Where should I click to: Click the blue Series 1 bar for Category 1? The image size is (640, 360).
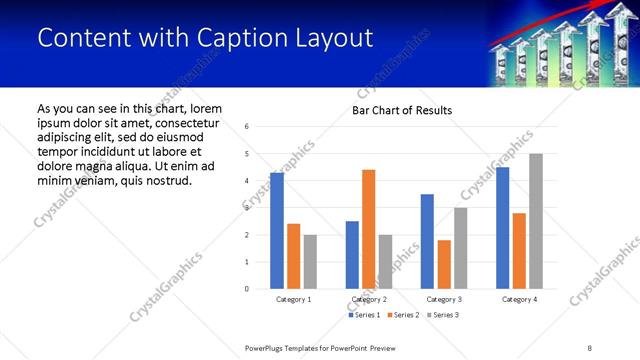(277, 231)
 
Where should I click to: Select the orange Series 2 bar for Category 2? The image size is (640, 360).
(368, 229)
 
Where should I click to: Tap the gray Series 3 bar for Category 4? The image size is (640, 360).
(536, 221)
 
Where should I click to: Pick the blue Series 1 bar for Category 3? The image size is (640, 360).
(427, 241)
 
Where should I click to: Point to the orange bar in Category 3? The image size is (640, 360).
(444, 264)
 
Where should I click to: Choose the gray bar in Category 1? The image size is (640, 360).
(310, 262)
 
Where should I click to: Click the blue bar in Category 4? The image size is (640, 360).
(502, 228)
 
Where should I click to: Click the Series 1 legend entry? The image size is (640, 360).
(364, 315)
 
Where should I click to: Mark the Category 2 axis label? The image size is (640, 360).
(368, 299)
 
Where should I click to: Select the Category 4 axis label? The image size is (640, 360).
(519, 299)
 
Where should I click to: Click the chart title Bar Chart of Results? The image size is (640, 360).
(402, 110)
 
